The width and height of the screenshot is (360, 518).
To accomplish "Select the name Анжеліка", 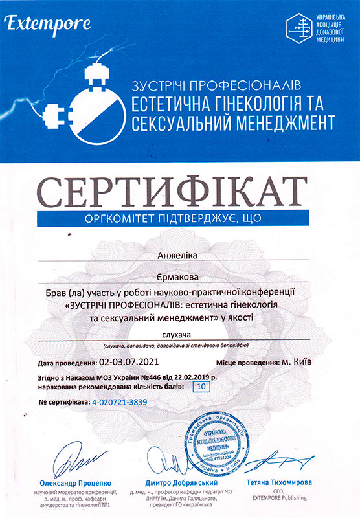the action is pyautogui.click(x=179, y=256).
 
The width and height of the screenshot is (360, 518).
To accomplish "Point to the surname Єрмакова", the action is pyautogui.click(x=179, y=275).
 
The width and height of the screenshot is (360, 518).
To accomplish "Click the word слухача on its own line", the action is pyautogui.click(x=179, y=335).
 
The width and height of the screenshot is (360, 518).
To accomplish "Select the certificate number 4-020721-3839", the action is pyautogui.click(x=120, y=402).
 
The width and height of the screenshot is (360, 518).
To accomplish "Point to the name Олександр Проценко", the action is pyautogui.click(x=67, y=483).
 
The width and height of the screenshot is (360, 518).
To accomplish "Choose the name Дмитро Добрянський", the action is pyautogui.click(x=172, y=483).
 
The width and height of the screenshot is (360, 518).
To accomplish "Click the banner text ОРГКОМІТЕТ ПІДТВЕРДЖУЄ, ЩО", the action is pyautogui.click(x=179, y=219).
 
